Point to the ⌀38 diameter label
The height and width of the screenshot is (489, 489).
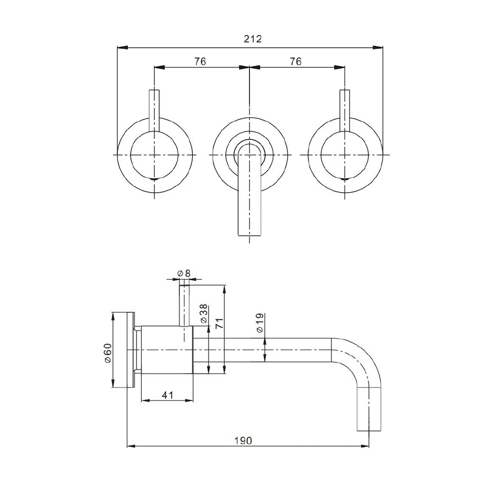click(204, 313)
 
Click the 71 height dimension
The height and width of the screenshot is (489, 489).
click(220, 323)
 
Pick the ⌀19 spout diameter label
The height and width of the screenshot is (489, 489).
click(260, 323)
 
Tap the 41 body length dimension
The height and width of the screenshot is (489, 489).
click(167, 395)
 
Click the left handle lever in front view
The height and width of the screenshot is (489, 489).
click(154, 111)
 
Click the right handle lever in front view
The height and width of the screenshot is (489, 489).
click(345, 111)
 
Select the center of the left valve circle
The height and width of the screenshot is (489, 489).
click(154, 154)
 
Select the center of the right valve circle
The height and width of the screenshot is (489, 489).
click(345, 154)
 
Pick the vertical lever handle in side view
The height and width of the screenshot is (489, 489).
click(184, 303)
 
